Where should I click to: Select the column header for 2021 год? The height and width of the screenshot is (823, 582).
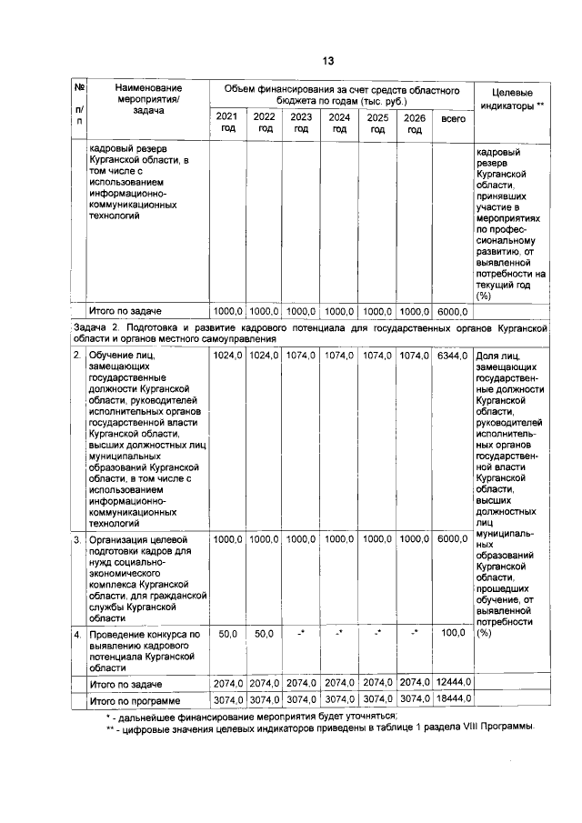227,123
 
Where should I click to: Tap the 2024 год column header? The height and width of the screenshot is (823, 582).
339,123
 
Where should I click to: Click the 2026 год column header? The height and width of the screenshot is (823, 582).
415,123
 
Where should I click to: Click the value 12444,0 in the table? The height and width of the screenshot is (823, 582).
452,683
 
